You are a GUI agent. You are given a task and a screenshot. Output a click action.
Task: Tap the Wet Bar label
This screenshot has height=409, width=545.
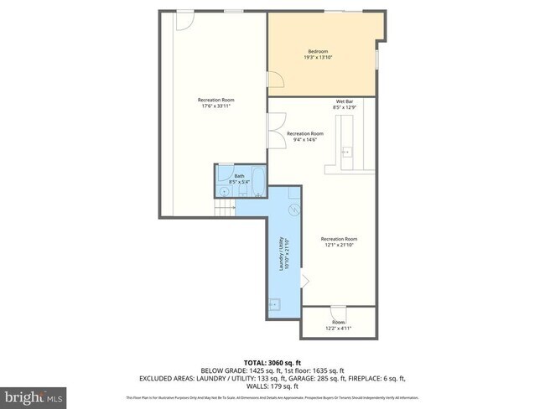tap(344, 101)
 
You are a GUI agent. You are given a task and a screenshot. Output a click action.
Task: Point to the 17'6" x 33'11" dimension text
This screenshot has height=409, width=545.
tap(215, 106)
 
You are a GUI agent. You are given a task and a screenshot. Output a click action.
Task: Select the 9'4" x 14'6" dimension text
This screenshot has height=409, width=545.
tap(304, 140)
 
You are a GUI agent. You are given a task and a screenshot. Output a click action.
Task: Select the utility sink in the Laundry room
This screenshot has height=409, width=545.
tap(273, 306)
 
